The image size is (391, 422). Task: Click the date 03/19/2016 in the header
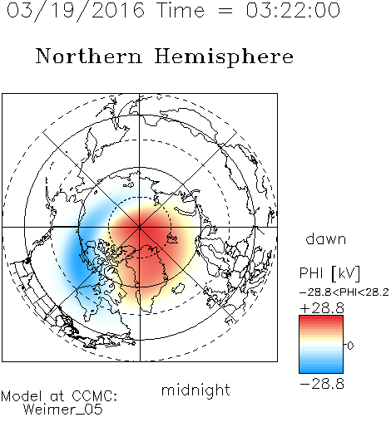[x=76, y=11]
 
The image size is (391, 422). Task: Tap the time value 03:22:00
[x=293, y=10]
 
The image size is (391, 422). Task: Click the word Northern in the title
[x=89, y=56]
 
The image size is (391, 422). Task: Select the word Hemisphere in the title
[x=224, y=57]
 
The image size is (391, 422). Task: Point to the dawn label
[x=326, y=238]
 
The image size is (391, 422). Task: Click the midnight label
[x=195, y=390]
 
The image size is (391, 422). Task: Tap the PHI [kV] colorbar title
[x=329, y=273]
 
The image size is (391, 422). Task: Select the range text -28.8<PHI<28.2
[x=344, y=292]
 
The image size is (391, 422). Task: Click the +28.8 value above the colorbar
[x=322, y=308]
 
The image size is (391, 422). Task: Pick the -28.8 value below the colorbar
[x=322, y=384]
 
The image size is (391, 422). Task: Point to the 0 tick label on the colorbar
[x=350, y=346]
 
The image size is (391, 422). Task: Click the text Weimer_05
[x=63, y=409]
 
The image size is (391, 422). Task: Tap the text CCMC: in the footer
[x=95, y=396]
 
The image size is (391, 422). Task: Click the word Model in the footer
[x=22, y=396]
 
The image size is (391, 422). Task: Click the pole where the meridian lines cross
[x=140, y=227]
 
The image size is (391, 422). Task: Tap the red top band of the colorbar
[x=321, y=318]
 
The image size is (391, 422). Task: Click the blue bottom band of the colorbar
[x=321, y=370]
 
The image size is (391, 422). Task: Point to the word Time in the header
[x=181, y=11]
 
